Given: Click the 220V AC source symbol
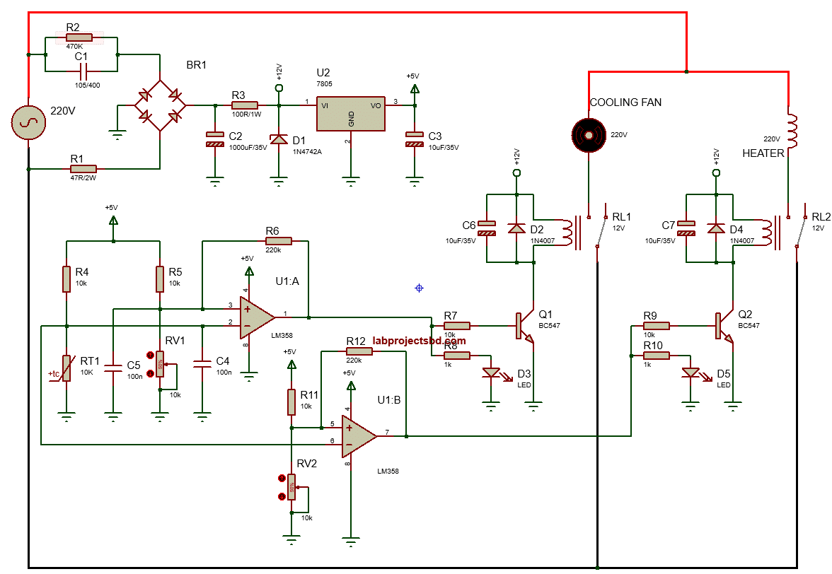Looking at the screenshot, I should tap(28, 122).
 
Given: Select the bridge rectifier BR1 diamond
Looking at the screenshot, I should tap(161, 105).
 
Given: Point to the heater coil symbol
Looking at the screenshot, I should tap(791, 131).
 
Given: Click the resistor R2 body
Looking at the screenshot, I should tap(79, 37).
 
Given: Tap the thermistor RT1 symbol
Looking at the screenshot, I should tap(67, 368).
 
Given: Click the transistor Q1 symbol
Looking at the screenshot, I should tap(524, 327).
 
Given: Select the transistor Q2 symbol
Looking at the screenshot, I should tap(724, 327).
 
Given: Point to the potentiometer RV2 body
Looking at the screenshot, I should tap(291, 486).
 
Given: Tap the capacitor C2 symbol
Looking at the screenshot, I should tap(214, 139).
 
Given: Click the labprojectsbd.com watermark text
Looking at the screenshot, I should tap(419, 340).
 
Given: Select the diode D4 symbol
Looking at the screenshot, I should tap(717, 229).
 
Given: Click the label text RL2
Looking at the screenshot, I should tap(821, 217).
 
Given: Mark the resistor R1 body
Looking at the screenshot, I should tap(83, 169).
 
